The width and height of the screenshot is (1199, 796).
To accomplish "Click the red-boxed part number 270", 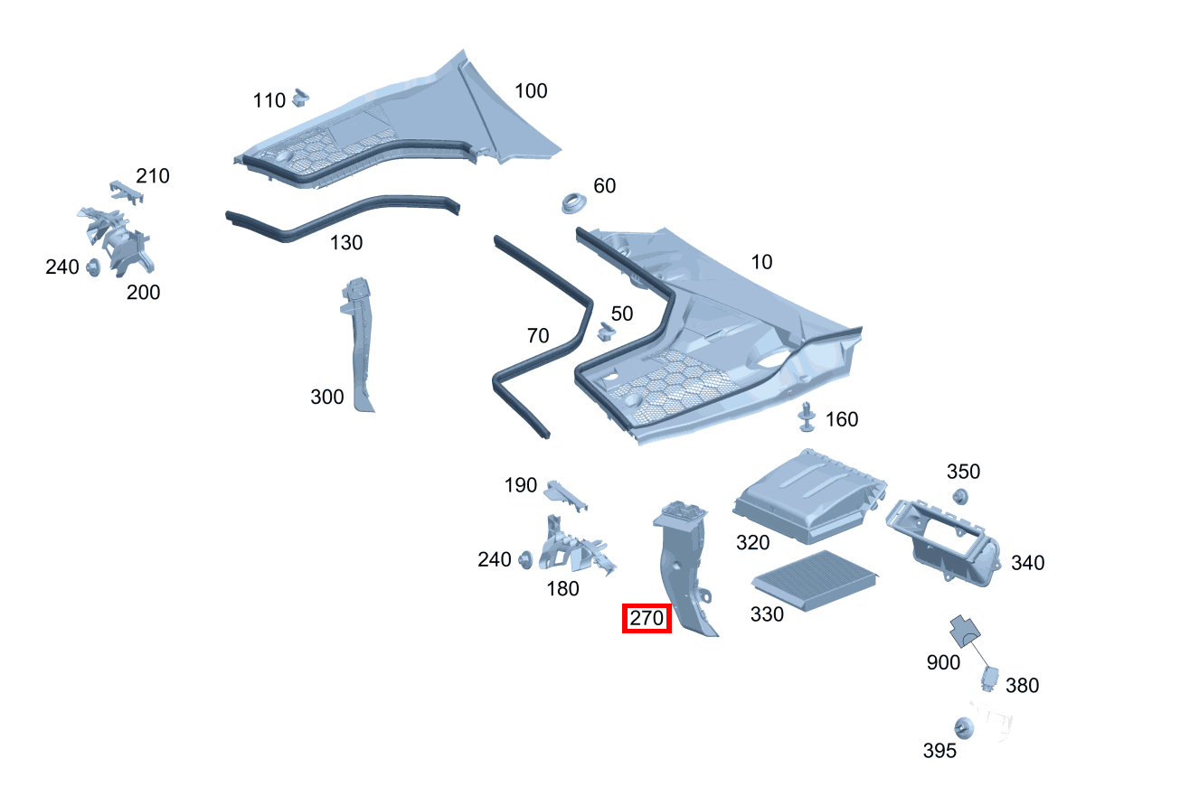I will [x=647, y=619].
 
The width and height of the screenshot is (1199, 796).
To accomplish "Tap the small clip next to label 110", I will [x=302, y=95].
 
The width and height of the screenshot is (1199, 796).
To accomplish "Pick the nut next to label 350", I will [x=960, y=495].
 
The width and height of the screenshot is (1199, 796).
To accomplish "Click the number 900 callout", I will [x=943, y=662].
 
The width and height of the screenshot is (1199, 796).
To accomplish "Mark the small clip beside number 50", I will [x=605, y=332].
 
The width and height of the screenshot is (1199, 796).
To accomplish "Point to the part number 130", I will [x=346, y=243].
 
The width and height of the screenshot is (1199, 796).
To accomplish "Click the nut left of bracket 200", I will [x=92, y=267].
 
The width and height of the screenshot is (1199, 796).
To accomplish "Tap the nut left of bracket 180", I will [x=524, y=560].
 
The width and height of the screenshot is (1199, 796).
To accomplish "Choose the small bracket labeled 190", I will [x=564, y=492].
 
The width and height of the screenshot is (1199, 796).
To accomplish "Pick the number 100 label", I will [x=531, y=91].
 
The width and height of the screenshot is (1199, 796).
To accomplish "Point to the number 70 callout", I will [x=538, y=336].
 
